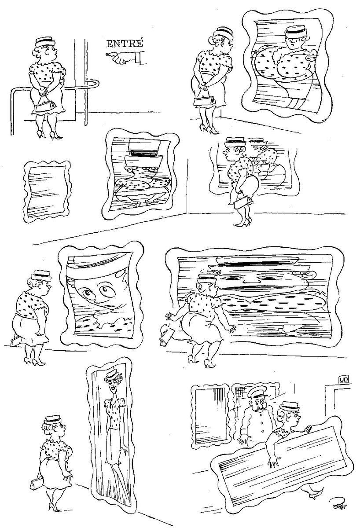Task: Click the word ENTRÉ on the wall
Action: click(125, 44)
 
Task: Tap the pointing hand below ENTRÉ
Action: click(126, 58)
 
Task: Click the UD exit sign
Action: click(344, 380)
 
